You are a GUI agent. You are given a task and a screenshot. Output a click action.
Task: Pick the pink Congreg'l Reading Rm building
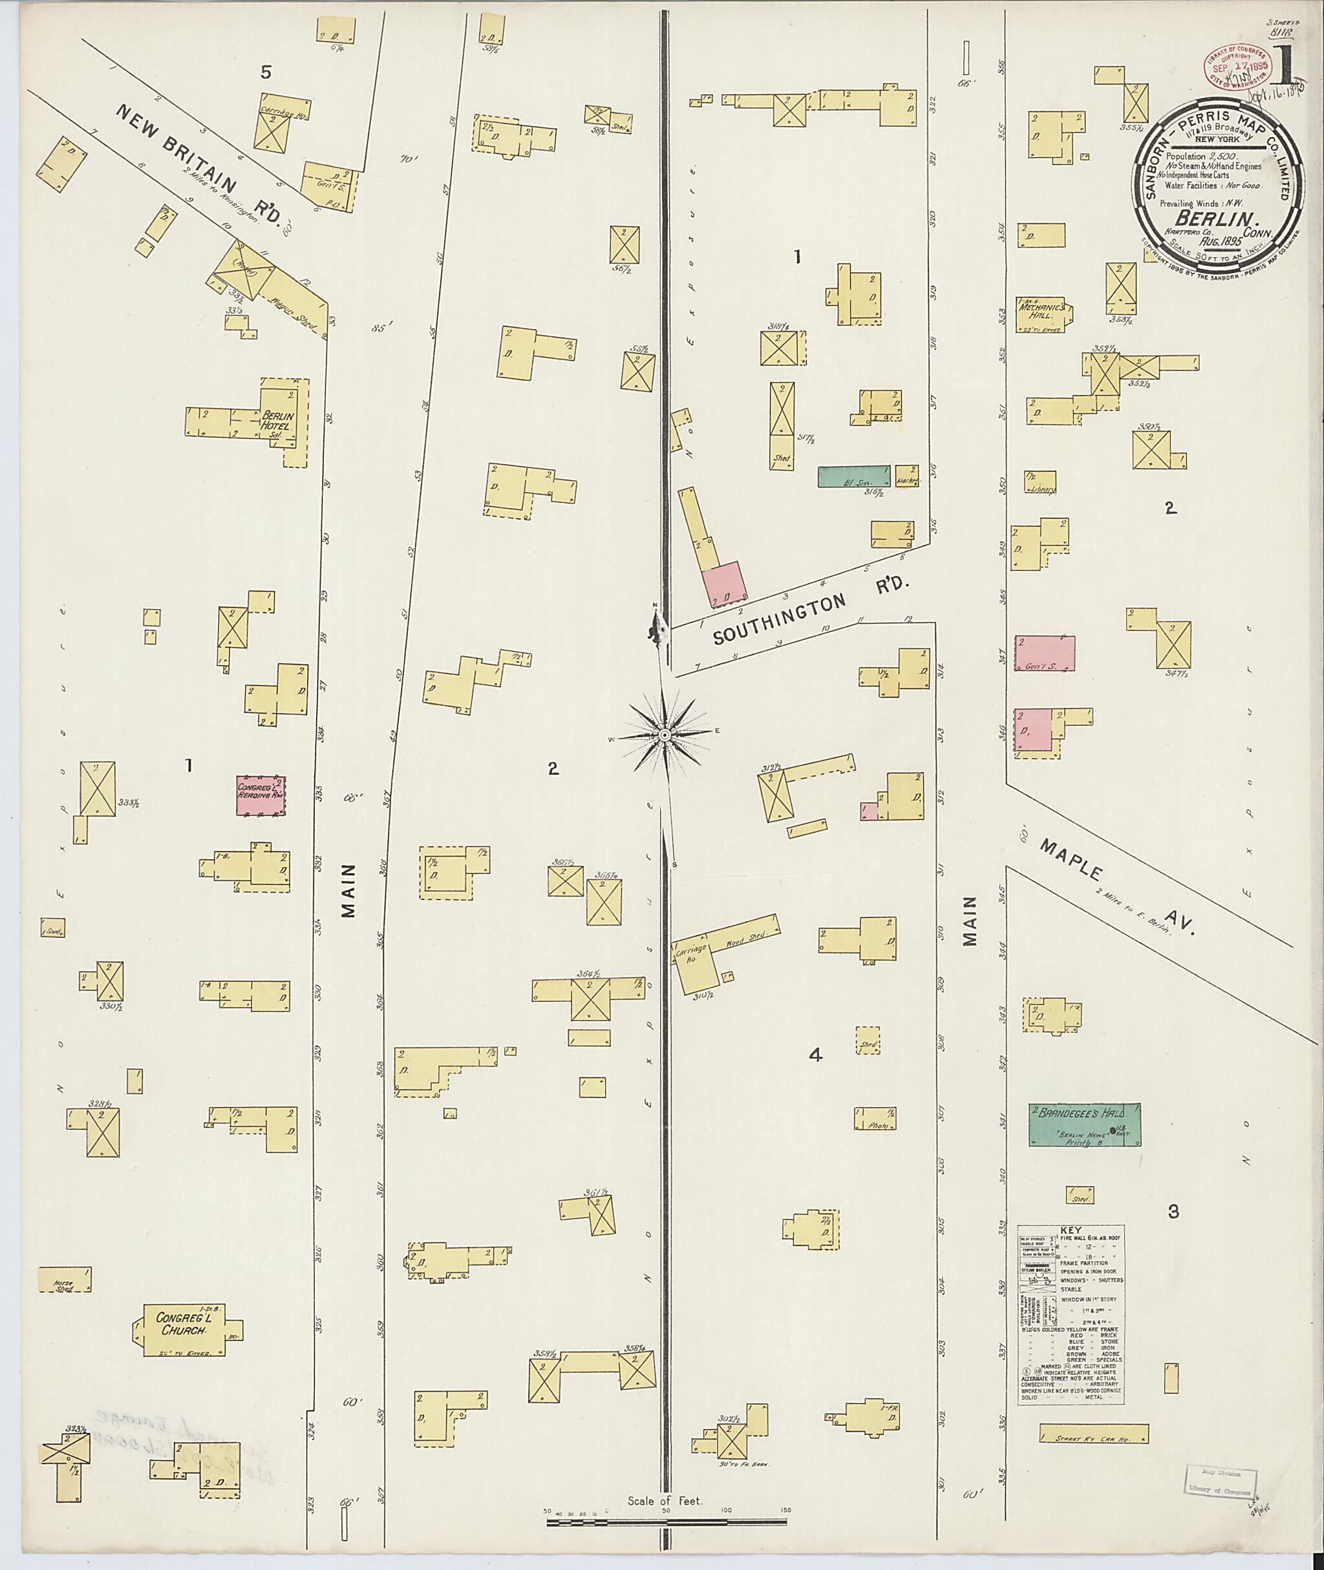(x=261, y=796)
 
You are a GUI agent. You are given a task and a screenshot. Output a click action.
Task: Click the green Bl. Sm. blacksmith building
(x=853, y=476)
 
